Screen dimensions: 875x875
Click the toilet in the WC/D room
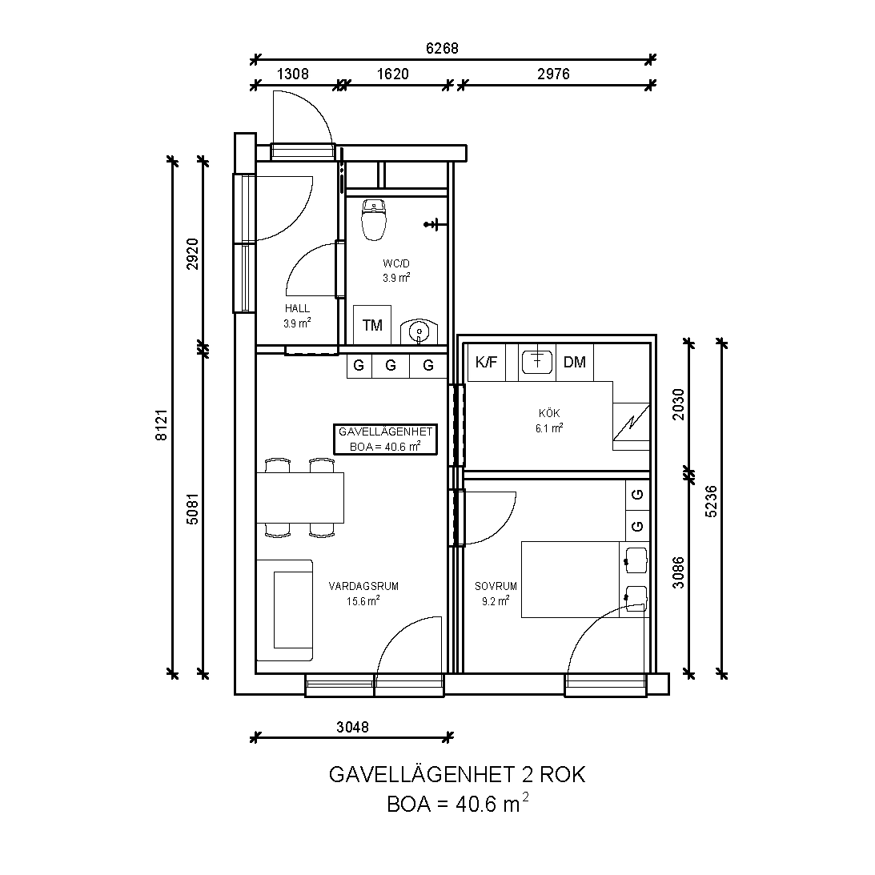point(374,220)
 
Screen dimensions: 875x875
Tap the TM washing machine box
point(372,325)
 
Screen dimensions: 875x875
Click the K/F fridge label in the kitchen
point(486,362)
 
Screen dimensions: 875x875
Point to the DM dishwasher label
point(575,362)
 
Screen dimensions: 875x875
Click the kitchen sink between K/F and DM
point(537,361)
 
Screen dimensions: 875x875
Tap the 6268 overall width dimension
point(442,49)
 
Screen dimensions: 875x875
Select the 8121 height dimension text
point(161,425)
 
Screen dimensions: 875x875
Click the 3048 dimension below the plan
point(353,727)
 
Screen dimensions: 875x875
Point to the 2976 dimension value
point(553,74)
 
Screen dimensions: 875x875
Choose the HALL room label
point(298,308)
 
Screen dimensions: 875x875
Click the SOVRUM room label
point(496,587)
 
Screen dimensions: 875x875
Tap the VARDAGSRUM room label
point(363,587)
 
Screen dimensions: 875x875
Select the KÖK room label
point(549,414)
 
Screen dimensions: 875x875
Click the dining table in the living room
point(300,498)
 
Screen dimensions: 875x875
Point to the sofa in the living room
point(284,611)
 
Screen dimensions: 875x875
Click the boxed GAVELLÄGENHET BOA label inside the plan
point(386,440)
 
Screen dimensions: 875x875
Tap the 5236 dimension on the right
point(712,501)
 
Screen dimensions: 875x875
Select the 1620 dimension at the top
point(393,74)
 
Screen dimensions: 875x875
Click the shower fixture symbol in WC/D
point(435,224)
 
